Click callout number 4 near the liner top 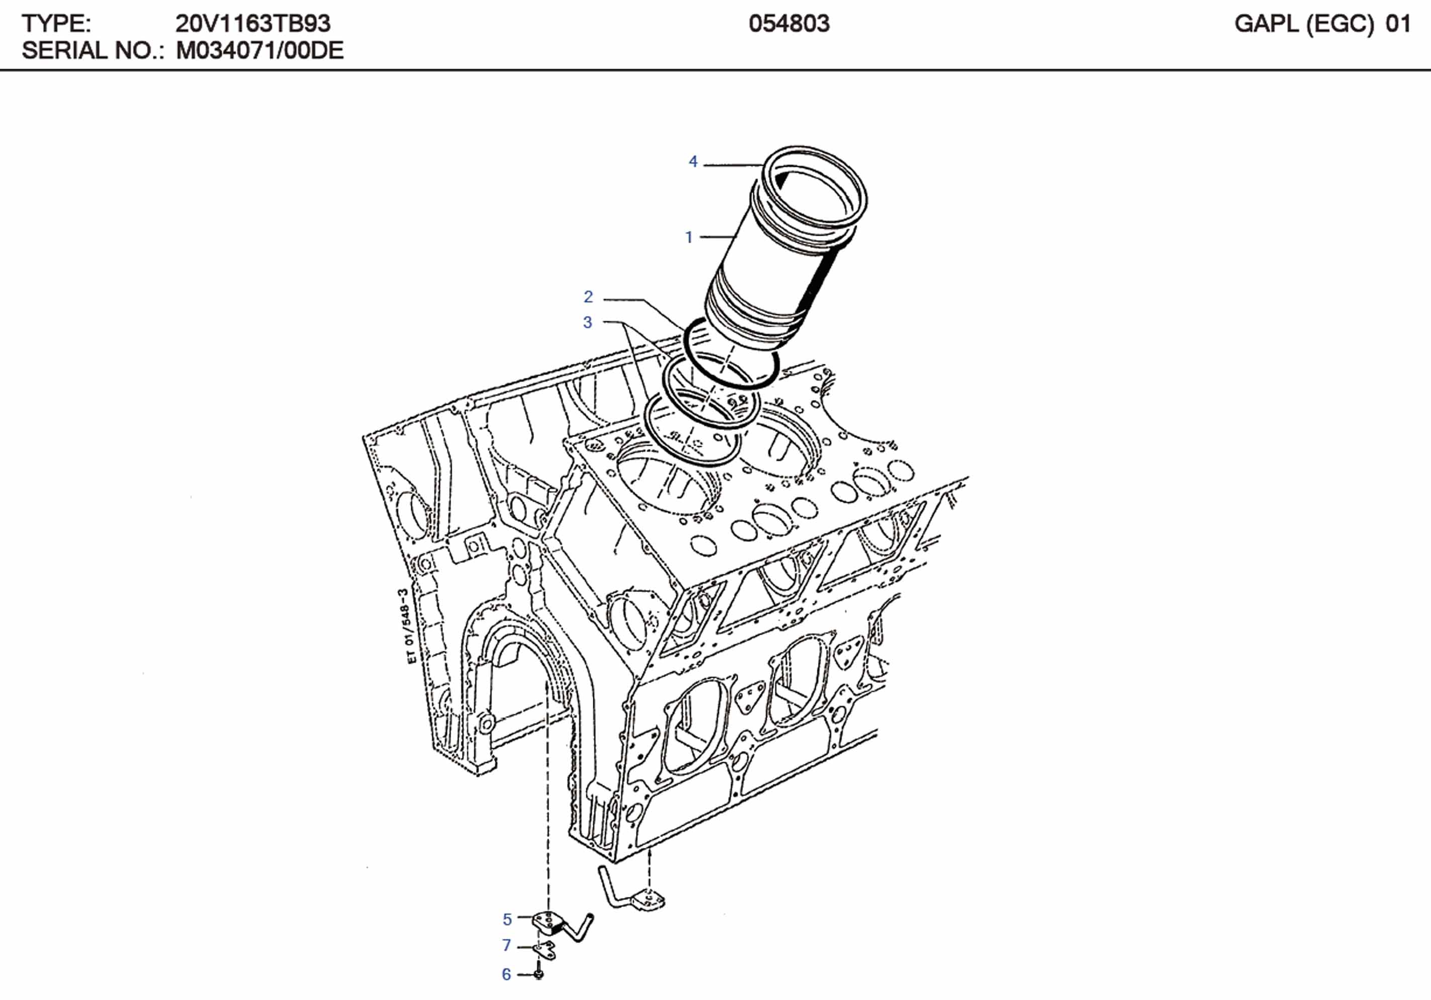[692, 161]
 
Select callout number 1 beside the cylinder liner [689, 237]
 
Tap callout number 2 [588, 297]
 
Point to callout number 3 [587, 323]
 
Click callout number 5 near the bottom [507, 919]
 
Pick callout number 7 [507, 946]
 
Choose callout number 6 [507, 974]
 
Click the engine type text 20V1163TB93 [252, 24]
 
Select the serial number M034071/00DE [260, 50]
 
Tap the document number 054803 [789, 24]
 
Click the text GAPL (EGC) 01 [1322, 24]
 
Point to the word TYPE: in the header [56, 24]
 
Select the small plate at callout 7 [546, 950]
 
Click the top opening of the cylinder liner [815, 190]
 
